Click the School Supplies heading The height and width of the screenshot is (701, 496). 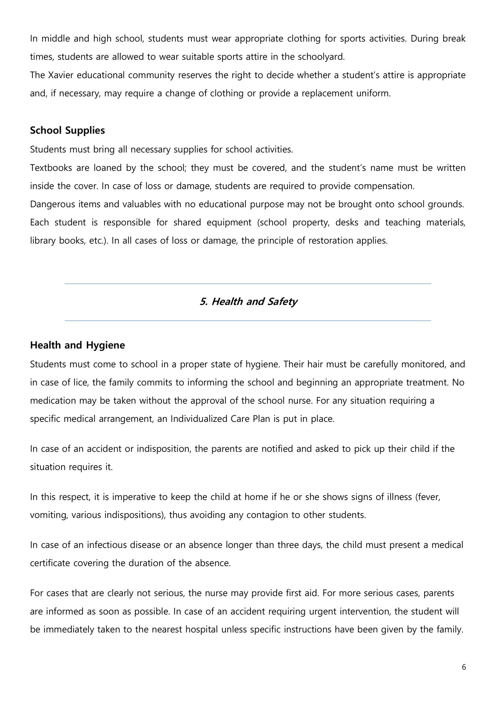tap(67, 130)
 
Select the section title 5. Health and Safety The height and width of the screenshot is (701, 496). tap(248, 302)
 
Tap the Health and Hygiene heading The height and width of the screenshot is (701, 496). tap(77, 345)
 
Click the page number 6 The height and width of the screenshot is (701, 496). tap(464, 667)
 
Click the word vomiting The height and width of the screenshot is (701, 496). tap(49, 515)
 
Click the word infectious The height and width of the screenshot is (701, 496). tap(107, 545)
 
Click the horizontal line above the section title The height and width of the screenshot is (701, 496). tap(248, 284)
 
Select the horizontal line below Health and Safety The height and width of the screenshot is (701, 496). tap(248, 321)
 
